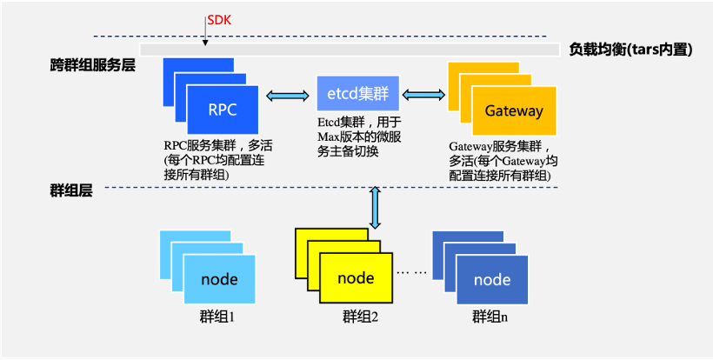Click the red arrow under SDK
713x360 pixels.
(203, 34)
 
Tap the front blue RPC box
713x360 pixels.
(223, 110)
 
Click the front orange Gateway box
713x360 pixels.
(514, 110)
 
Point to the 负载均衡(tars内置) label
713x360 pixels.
(630, 50)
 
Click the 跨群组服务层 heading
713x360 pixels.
(92, 65)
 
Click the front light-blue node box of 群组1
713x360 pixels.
(219, 279)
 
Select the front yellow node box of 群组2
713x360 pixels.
(356, 278)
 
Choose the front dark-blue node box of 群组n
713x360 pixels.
(491, 279)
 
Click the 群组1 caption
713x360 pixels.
(217, 317)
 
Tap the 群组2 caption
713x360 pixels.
(361, 317)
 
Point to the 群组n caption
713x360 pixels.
(490, 317)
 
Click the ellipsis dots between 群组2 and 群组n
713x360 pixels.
(411, 272)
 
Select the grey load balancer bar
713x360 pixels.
(348, 50)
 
